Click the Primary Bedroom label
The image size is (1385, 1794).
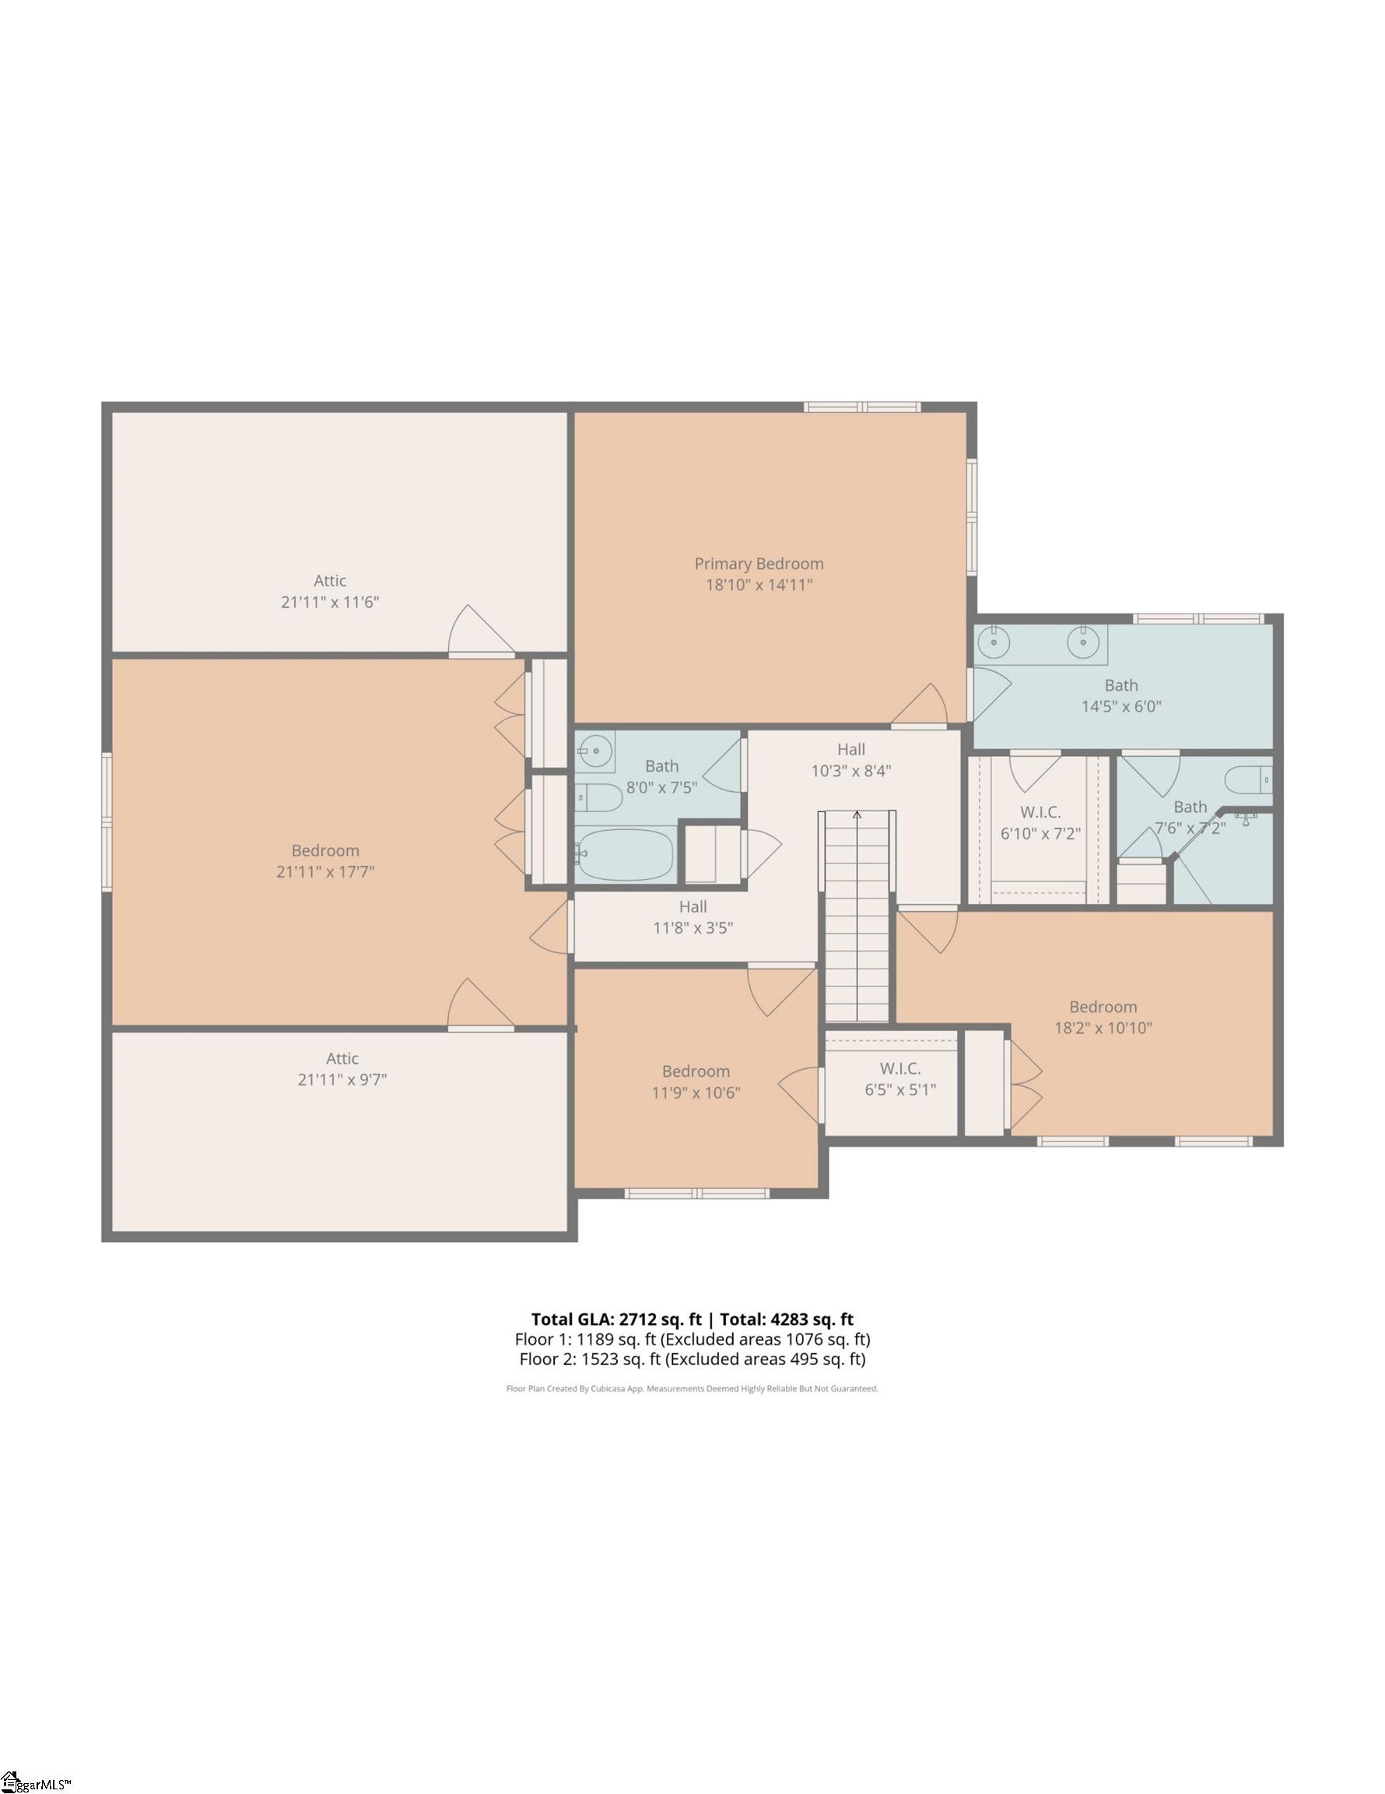point(758,564)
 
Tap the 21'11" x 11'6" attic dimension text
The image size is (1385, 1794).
point(329,602)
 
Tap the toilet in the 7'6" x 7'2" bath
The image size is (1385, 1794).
point(1248,778)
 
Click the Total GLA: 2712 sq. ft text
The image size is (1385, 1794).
point(615,1319)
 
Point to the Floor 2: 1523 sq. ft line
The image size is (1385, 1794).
point(692,1359)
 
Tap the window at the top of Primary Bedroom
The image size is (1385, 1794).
point(861,406)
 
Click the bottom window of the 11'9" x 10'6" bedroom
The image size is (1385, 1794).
point(696,1194)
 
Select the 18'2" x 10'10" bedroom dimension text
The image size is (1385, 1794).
point(1103,1028)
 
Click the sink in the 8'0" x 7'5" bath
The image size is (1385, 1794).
point(591,749)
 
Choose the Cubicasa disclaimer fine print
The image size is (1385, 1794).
point(692,1389)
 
